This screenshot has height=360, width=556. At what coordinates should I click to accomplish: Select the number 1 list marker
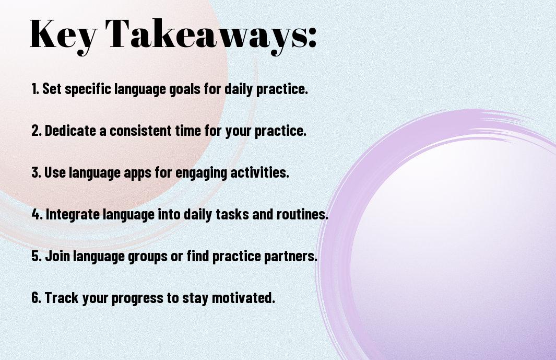(35, 89)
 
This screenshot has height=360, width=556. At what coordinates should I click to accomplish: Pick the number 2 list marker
(37, 131)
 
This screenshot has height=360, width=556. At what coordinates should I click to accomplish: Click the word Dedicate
(70, 130)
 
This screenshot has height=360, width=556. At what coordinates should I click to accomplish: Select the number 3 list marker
(36, 172)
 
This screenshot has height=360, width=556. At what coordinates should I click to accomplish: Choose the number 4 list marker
(37, 214)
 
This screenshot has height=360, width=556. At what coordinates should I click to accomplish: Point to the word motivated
(243, 297)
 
